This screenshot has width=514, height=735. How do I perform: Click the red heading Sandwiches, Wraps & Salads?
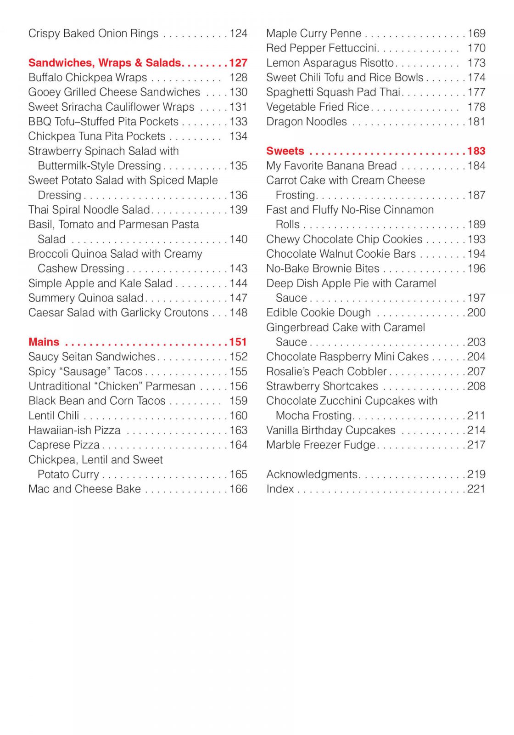coord(105,63)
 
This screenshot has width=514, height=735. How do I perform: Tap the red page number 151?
coord(238,342)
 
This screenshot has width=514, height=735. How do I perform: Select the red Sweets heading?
coord(285,151)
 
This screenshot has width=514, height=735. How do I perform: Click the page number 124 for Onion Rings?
coord(238,34)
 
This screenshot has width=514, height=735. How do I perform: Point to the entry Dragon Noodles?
coord(307,122)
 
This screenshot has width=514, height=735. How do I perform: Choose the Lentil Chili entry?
coord(54,416)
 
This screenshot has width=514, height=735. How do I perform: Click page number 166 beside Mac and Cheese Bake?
coord(238,489)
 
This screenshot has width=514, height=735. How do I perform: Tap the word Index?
coord(280,489)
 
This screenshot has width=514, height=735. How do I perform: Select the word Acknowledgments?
coord(312,475)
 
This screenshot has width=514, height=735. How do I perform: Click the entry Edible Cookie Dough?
coord(318,313)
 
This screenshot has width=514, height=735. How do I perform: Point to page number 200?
coord(476,313)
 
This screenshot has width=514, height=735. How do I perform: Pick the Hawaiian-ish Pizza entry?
coord(74,430)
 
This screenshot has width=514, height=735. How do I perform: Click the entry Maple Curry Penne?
coord(314,34)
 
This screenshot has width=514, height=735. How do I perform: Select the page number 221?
coord(476,489)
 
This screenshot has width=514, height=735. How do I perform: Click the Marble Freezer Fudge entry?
coord(321,445)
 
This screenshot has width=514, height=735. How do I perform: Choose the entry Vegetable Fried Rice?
coord(318,107)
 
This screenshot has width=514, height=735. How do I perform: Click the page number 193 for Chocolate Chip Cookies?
coord(476,239)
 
